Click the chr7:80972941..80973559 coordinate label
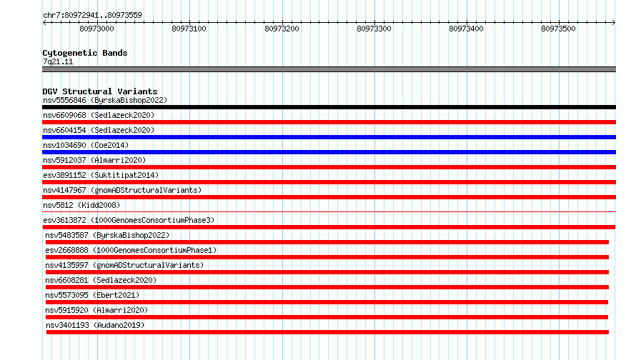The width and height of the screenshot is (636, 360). point(92,16)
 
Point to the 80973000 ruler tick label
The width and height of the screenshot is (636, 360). point(96,29)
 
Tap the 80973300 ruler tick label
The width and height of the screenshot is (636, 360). point(374,29)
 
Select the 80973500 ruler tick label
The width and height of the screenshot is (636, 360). point(558,29)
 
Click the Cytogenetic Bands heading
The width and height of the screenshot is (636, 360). point(85,53)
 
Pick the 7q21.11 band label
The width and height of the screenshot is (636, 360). point(58,61)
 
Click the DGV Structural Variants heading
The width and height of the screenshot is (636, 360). point(100,91)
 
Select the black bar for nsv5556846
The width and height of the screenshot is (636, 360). point(329,107)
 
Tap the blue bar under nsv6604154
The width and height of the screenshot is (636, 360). point(329,137)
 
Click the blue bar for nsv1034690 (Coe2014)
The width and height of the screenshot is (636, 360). point(329,152)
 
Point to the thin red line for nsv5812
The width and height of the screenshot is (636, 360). point(329,211)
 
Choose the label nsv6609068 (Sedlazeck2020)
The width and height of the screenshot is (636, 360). point(99,115)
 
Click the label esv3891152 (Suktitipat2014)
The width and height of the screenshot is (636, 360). point(101,175)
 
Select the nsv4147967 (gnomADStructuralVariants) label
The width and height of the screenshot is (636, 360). point(122,190)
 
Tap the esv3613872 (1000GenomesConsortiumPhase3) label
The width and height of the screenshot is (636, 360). point(129,220)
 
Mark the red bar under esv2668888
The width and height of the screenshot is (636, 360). point(327,257)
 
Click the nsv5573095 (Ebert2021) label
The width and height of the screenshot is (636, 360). point(92,295)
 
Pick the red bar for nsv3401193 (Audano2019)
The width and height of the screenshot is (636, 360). point(327,332)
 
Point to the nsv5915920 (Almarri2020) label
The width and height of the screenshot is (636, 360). point(96,310)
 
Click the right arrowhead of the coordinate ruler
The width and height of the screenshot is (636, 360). point(614,22)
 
